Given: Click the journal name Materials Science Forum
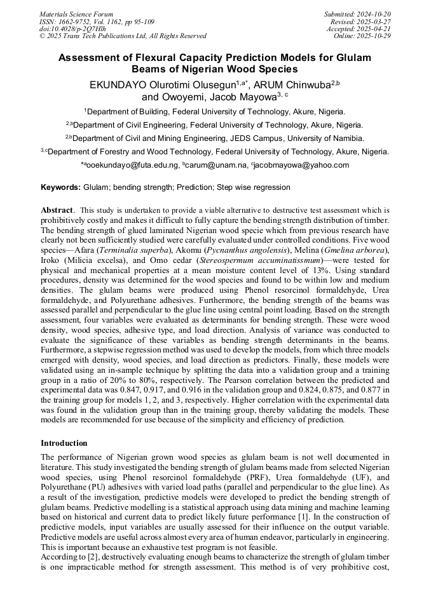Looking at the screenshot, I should click(76, 14).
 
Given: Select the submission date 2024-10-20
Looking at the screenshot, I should click(375, 14).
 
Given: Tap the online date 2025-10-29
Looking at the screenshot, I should click(375, 36).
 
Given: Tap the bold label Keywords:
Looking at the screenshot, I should click(60, 187).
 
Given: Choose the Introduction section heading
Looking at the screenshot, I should click(64, 443).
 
